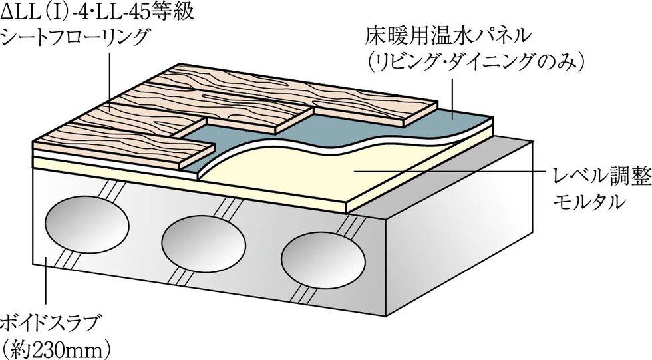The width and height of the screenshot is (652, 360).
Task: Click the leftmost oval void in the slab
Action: (x=86, y=228)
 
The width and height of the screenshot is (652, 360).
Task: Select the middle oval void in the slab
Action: (x=204, y=240)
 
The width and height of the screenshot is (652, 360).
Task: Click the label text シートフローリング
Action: (x=75, y=39)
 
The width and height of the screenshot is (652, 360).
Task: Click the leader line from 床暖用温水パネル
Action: (x=452, y=98)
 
